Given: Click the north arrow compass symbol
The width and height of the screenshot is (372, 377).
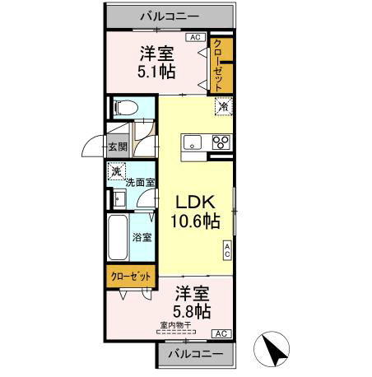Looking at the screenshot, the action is tap(271, 349).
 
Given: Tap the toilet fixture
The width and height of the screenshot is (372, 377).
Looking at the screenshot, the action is tap(125, 108).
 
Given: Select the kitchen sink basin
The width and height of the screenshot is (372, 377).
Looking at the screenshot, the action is tap(193, 142).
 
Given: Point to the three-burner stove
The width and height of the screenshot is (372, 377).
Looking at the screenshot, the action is tap(221, 142).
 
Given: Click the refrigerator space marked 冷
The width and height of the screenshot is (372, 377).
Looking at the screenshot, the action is tap(224, 106).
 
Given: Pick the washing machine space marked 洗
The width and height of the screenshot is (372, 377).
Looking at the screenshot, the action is tap(117, 171).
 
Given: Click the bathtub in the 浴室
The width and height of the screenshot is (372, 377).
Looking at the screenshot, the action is tap(118, 237).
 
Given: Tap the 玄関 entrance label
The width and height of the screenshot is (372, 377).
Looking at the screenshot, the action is tap(118, 147).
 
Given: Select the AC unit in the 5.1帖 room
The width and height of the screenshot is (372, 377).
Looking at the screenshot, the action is tap(195, 37).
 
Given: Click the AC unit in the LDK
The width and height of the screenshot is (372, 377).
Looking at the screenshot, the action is tap(227, 251).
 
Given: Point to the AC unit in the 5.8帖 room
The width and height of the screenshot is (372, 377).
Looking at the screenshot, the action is tap(221, 333).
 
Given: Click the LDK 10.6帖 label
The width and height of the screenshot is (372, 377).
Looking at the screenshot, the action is tap(195, 212).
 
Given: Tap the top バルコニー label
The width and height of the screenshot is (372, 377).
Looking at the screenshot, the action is tap(170, 16).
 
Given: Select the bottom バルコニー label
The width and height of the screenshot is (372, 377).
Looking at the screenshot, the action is tap(196, 354).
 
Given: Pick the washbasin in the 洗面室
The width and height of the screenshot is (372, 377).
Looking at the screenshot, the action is tap(119, 198).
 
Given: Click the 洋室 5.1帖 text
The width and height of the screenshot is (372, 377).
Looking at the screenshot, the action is tap(156, 63).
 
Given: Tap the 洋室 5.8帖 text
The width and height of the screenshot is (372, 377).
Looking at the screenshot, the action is tap(192, 302).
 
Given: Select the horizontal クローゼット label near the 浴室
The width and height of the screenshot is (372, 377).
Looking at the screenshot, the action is tap(131, 277).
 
